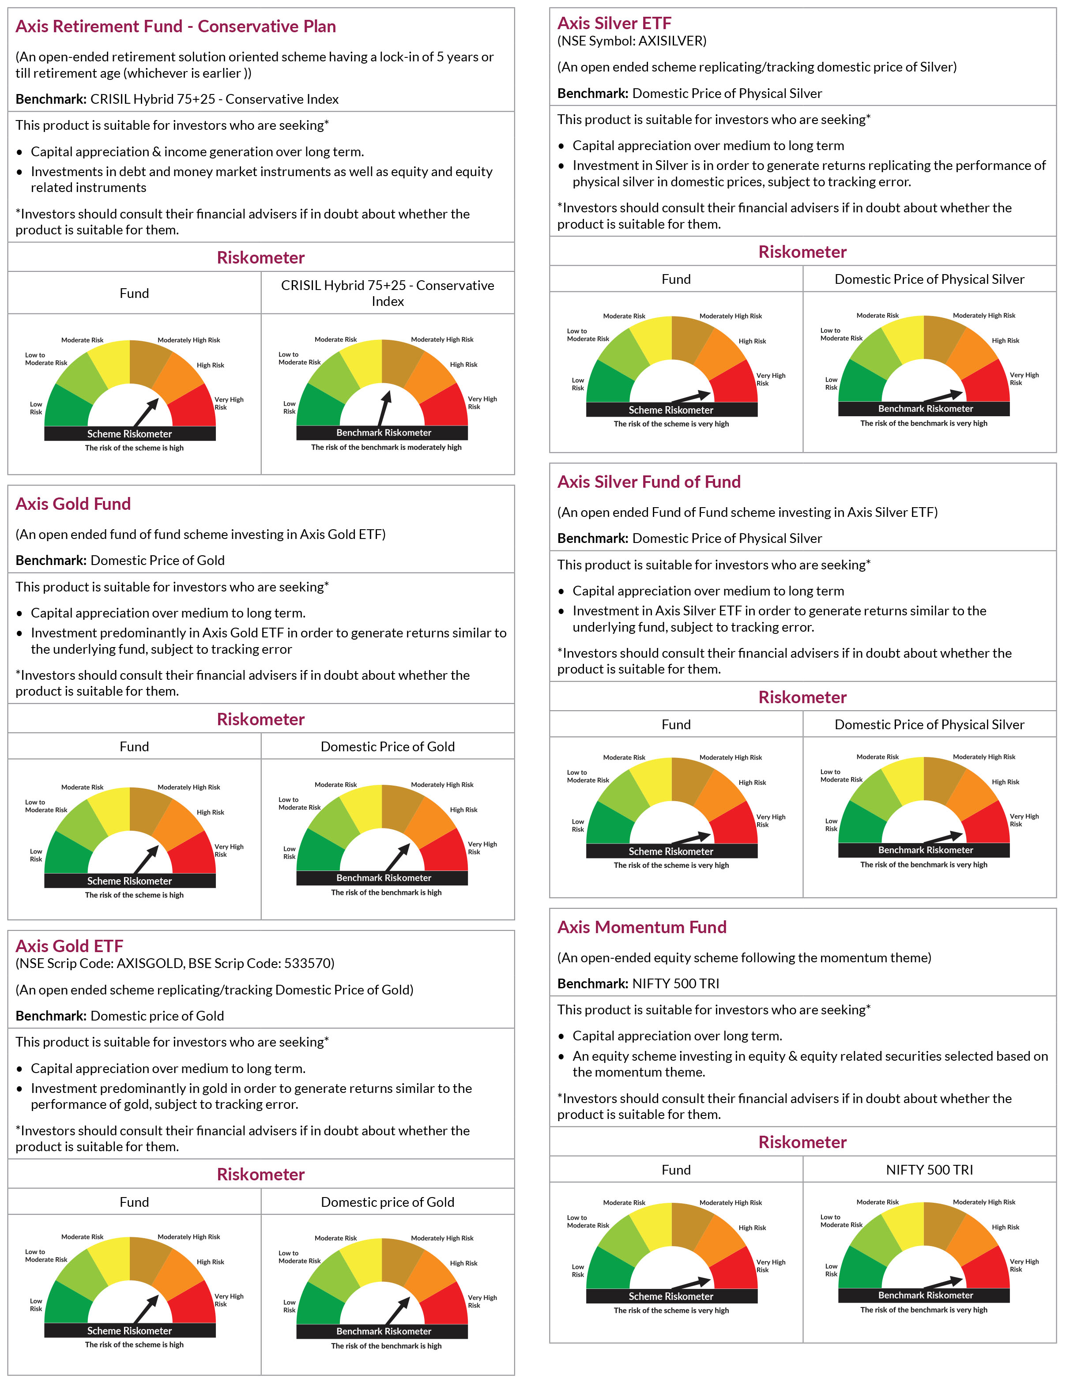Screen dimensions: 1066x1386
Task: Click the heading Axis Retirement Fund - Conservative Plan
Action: (176, 26)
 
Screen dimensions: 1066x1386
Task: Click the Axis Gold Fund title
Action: (73, 504)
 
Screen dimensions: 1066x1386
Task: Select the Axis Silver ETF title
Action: (614, 23)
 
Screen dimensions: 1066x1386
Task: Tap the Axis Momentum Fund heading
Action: (641, 927)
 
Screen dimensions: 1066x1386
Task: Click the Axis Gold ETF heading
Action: (69, 946)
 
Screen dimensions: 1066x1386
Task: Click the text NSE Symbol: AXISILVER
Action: (631, 41)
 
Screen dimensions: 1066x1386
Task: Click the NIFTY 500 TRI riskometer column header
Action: (930, 1170)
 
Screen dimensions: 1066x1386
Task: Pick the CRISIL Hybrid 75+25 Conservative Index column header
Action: (388, 293)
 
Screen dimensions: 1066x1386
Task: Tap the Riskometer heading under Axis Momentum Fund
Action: (802, 1142)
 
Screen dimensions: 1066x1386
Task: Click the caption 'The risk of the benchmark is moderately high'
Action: (386, 448)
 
